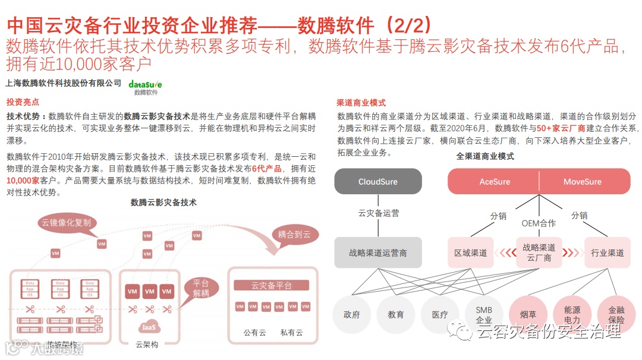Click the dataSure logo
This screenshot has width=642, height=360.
pyautogui.click(x=145, y=86)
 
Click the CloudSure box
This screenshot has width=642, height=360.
pyautogui.click(x=377, y=181)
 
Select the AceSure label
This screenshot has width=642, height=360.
pyautogui.click(x=495, y=181)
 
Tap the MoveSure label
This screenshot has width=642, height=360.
pyautogui.click(x=582, y=181)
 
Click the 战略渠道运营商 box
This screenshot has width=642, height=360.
pyautogui.click(x=377, y=252)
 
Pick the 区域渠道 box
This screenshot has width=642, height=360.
pyautogui.click(x=470, y=252)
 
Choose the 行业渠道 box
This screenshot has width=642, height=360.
pyautogui.click(x=607, y=252)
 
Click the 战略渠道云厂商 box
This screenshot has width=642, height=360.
pyautogui.click(x=539, y=252)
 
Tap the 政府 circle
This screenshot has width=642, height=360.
pyautogui.click(x=352, y=314)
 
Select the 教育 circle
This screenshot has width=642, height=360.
pyautogui.click(x=396, y=314)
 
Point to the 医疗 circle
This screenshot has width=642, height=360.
pyautogui.click(x=440, y=314)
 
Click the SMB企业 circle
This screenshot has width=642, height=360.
pyautogui.click(x=484, y=314)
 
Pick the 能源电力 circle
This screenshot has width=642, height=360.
pyautogui.click(x=572, y=314)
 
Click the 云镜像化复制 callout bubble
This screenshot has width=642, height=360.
pyautogui.click(x=66, y=223)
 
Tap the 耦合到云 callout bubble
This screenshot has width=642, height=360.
pyautogui.click(x=294, y=234)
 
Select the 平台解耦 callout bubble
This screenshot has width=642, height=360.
pyautogui.click(x=201, y=288)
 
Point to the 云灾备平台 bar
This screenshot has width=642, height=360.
pyautogui.click(x=272, y=286)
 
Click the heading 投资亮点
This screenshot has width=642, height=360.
pyautogui.click(x=23, y=102)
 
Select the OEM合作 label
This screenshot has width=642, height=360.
pyautogui.click(x=539, y=223)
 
